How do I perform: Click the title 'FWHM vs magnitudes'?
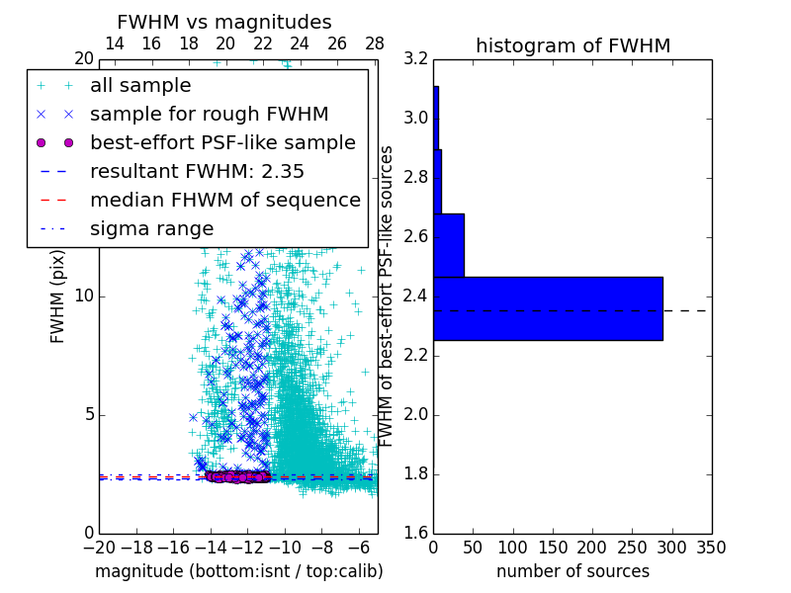(x=224, y=22)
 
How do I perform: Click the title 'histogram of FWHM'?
(x=572, y=45)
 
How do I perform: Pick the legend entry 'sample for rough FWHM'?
(x=209, y=115)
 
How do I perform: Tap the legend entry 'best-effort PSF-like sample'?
(x=222, y=143)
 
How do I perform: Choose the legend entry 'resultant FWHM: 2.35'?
(x=197, y=172)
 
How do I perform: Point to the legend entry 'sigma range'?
(x=151, y=229)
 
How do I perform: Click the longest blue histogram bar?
(x=548, y=308)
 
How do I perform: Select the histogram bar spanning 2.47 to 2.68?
(x=449, y=245)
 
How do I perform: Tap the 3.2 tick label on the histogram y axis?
(x=417, y=59)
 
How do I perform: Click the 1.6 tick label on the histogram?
(x=417, y=534)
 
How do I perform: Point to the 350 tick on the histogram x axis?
(x=711, y=547)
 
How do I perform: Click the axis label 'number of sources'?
(x=572, y=571)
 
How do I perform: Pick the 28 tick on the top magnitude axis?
(x=374, y=43)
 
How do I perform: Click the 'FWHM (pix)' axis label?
(x=58, y=296)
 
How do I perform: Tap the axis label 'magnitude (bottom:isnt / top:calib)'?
(x=238, y=571)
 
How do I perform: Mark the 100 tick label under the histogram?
(x=512, y=547)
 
